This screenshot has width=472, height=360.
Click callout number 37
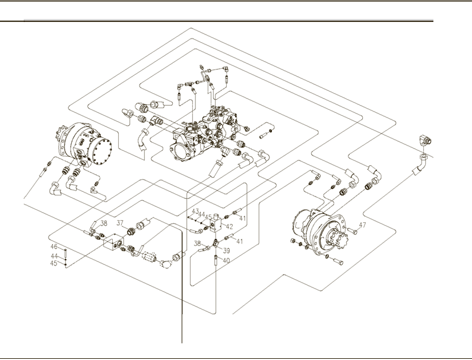[119, 223]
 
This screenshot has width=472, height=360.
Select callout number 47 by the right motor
[362, 225]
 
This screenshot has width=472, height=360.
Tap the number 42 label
[229, 226]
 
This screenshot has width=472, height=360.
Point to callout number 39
[226, 251]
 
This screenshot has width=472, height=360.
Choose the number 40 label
[226, 260]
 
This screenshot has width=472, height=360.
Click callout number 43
[195, 211]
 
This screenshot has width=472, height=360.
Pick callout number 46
[53, 246]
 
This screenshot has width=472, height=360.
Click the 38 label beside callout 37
[103, 224]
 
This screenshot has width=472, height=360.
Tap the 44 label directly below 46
[53, 255]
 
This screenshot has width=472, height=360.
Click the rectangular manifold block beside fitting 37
[112, 243]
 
